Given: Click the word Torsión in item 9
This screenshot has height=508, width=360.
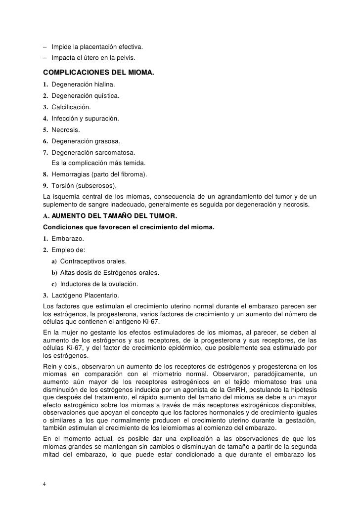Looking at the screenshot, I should click(63, 185).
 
